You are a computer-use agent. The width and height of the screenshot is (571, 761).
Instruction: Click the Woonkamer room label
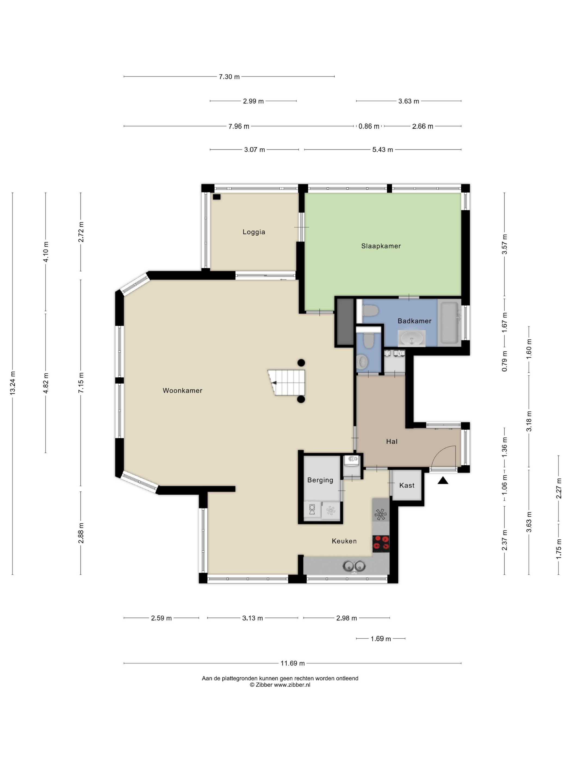(182, 391)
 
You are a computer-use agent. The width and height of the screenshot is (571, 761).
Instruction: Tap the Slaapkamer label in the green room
(381, 246)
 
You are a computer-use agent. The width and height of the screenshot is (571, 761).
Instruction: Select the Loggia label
(254, 232)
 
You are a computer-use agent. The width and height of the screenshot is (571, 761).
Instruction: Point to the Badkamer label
(414, 321)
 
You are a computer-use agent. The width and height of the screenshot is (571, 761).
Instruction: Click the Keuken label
(344, 541)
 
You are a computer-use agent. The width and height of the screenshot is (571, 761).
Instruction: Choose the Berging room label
(320, 480)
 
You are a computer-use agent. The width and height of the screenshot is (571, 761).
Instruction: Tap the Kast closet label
(407, 485)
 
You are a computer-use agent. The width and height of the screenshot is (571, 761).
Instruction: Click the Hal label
(392, 441)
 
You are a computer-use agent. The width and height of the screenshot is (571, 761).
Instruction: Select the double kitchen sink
(354, 566)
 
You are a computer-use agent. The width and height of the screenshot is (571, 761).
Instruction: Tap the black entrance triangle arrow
(443, 481)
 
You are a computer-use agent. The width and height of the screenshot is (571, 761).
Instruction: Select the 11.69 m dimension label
(293, 663)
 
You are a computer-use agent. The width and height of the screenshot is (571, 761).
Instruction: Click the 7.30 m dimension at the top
(229, 77)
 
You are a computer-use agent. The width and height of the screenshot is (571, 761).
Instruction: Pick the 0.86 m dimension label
(369, 126)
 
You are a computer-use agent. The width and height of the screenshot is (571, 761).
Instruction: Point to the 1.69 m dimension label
(381, 639)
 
